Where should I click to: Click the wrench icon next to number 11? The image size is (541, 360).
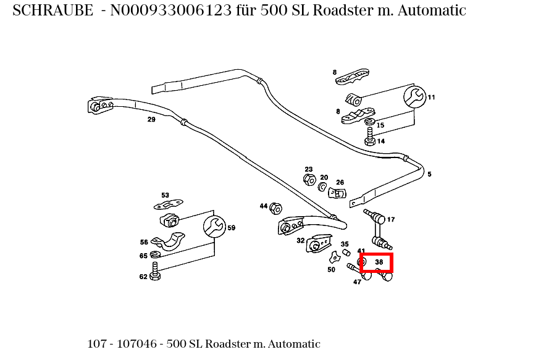coord(414,97)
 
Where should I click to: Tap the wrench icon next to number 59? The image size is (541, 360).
coord(214,227)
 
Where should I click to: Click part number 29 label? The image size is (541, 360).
coord(151,119)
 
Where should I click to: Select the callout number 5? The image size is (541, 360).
coord(429,174)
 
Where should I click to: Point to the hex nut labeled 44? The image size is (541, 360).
coord(277,207)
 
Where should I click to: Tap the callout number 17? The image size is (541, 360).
coord(391,219)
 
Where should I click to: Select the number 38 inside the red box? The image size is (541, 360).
coord(379,262)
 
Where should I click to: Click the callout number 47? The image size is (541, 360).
coord(357,282)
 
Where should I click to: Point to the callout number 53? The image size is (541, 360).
coord(165,195)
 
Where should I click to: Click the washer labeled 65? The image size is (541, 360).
coord(154,255)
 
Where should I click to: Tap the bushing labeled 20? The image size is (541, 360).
coord(322,186)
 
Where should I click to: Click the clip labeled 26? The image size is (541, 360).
coord(338,193)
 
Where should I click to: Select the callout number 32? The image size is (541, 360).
coord(300,241)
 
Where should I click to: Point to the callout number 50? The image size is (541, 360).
coord(331,269)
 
